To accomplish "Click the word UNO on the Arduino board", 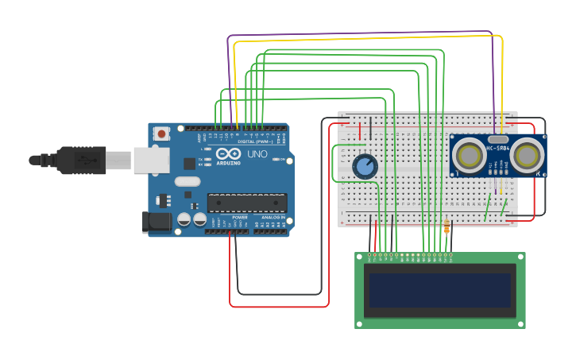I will pyautogui.click(x=257, y=154).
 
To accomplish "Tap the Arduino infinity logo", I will pyautogui.click(x=228, y=153).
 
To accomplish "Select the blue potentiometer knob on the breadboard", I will pyautogui.click(x=365, y=166).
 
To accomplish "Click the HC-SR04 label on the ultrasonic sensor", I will pyautogui.click(x=498, y=149).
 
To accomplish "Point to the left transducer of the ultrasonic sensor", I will pyautogui.click(x=470, y=156).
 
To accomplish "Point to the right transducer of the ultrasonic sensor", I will pyautogui.click(x=527, y=156).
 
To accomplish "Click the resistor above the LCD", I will pyautogui.click(x=446, y=228).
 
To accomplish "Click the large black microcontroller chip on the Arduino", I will pyautogui.click(x=247, y=203).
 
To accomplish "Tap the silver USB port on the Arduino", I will pyautogui.click(x=151, y=161).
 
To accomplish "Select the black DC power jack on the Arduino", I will pyautogui.click(x=157, y=223).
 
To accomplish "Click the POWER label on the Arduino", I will pyautogui.click(x=239, y=217).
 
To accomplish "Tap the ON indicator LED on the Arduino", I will pyautogui.click(x=276, y=160).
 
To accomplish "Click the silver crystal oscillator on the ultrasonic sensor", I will pyautogui.click(x=498, y=138).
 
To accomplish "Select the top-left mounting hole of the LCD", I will pyautogui.click(x=359, y=257).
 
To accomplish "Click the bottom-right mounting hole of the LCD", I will pyautogui.click(x=521, y=323).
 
